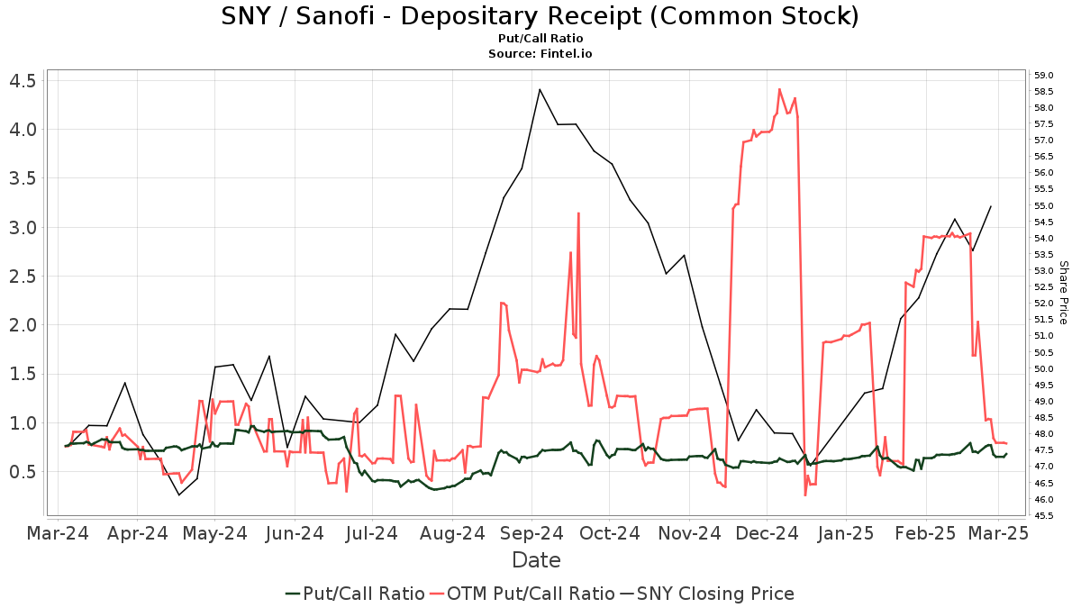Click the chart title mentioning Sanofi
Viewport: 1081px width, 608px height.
(540, 16)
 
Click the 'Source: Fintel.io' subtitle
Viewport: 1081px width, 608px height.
(540, 54)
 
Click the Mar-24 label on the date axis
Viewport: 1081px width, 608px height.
(59, 533)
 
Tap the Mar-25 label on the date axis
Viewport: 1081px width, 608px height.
(998, 533)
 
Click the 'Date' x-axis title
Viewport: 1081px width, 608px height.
(536, 560)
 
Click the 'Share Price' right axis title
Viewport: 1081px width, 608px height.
(1063, 293)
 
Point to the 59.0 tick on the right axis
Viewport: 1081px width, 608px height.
(1044, 75)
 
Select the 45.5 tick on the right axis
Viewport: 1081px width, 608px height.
(1044, 515)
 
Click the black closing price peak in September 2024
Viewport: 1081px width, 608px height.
(540, 89)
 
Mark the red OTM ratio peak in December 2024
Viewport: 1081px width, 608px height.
(779, 89)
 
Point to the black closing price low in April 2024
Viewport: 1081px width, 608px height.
(178, 495)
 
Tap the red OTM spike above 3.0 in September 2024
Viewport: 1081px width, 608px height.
(577, 213)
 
